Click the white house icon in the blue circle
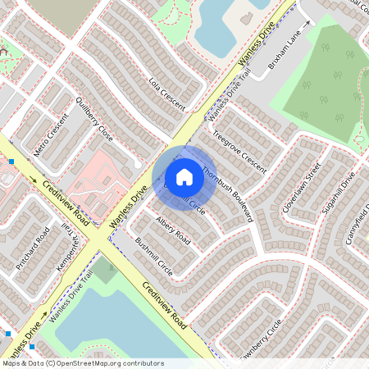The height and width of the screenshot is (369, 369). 184,176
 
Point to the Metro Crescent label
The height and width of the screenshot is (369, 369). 51,136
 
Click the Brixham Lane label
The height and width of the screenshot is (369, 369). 285,52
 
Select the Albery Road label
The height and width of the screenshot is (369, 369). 172,231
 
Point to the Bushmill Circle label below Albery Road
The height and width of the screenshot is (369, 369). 153,257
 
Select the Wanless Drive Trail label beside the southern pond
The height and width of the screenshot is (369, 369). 71,305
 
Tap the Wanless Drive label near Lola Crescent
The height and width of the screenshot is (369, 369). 255,46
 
